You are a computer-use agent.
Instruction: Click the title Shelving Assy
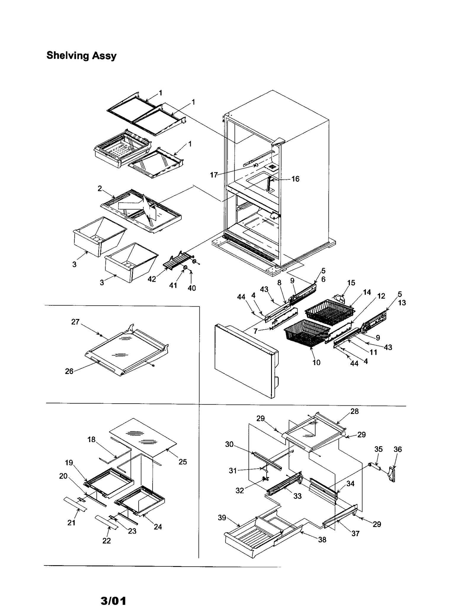coord(81,56)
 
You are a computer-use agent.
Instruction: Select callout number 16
coord(295,179)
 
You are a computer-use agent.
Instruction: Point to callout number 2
coord(100,188)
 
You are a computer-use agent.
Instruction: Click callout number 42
coord(152,279)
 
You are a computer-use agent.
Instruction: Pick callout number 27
coord(75,322)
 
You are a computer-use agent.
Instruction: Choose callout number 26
coord(69,371)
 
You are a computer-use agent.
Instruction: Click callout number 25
coord(183,462)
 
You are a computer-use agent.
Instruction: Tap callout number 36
coord(398,449)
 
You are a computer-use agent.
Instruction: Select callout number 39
coord(222,518)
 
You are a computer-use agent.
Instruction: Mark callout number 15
coord(351,283)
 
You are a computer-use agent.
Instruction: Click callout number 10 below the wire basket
coord(316,362)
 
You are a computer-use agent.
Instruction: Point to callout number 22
coord(106,540)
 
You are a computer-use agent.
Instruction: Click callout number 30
coord(229,444)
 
